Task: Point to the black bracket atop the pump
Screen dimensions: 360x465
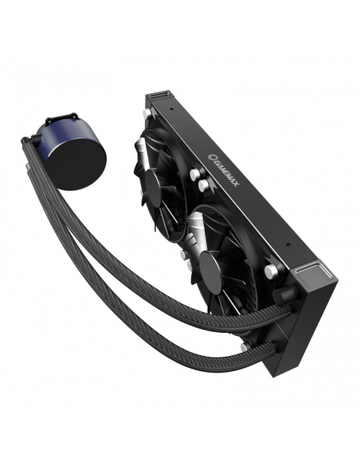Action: (x=61, y=118)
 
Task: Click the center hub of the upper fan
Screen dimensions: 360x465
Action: (x=153, y=186)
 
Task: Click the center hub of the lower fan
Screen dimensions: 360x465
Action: (x=211, y=275)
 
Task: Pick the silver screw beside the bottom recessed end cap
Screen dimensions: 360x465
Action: (x=271, y=272)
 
